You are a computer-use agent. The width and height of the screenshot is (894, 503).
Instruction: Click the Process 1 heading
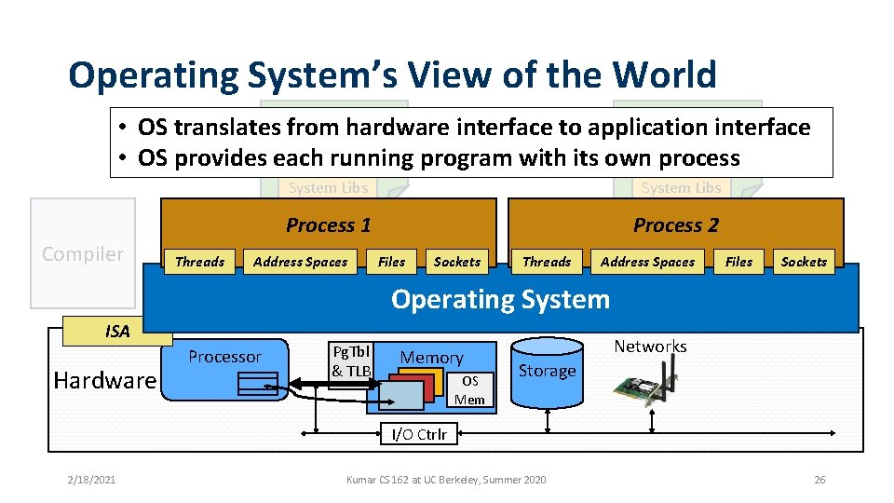328,225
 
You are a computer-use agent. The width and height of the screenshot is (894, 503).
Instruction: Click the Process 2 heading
675,225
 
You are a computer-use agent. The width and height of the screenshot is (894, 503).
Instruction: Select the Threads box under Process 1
200,262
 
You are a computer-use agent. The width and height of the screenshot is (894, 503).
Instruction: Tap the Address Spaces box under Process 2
647,262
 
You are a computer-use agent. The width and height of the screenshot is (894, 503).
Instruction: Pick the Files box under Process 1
391,262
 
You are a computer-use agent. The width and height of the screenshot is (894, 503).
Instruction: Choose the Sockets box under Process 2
804,262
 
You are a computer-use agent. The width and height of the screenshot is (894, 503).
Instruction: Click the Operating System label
500,299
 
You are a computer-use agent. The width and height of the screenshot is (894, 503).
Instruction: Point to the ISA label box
117,332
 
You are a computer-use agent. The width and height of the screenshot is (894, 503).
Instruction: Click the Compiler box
83,253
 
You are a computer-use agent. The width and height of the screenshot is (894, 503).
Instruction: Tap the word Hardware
105,380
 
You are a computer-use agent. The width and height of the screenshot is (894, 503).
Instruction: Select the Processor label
224,357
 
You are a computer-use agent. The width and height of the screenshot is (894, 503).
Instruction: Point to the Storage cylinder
547,373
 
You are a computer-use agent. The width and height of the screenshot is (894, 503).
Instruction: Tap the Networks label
650,347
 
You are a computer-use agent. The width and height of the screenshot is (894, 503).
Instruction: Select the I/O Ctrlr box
418,434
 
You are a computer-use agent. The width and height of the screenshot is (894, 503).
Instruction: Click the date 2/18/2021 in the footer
91,480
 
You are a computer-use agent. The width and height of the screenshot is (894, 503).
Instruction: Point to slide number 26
819,480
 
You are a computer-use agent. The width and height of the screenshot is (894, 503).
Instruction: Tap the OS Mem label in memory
469,390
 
